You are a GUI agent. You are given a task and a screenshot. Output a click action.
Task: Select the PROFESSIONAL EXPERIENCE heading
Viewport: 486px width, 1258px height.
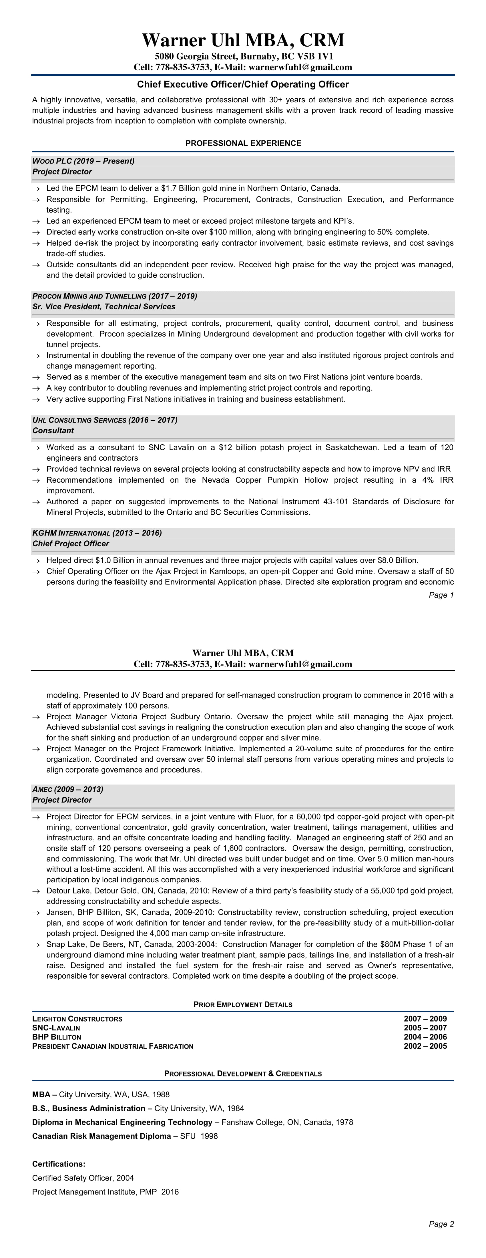click(243, 143)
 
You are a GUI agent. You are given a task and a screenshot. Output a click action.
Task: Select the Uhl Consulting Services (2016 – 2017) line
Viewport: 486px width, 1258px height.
click(105, 420)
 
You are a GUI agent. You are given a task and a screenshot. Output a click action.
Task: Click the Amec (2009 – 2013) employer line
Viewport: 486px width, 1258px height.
click(68, 789)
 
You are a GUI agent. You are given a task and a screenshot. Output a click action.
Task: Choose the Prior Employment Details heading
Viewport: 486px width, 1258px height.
click(243, 1005)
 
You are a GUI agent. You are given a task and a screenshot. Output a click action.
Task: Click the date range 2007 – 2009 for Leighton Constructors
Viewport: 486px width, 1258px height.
click(425, 1019)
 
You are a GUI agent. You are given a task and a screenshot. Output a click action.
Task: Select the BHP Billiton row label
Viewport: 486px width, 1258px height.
click(57, 1037)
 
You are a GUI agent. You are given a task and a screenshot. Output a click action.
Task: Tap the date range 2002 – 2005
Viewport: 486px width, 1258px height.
click(425, 1046)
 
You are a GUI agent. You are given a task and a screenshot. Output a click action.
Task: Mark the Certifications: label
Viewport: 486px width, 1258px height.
click(59, 1164)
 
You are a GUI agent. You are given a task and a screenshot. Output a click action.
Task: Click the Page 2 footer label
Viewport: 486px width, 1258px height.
click(441, 1224)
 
